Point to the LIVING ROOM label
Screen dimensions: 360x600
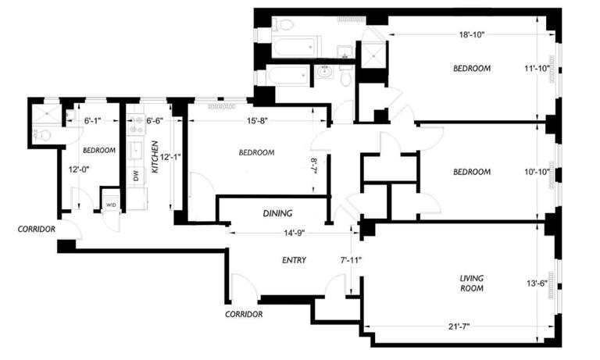[x=472, y=283]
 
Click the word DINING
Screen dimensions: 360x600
[x=277, y=212]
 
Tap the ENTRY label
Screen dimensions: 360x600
[x=294, y=261]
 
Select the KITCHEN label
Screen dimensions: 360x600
[x=155, y=157]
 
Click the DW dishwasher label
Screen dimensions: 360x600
[x=136, y=176]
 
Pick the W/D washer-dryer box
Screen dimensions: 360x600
[x=111, y=205]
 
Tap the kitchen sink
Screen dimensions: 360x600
[x=135, y=150]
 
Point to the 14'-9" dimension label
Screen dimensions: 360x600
[x=288, y=232]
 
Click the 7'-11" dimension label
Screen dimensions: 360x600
[x=351, y=259]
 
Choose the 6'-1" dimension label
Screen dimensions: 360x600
[x=91, y=120]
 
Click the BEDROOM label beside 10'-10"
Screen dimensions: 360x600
[x=472, y=172]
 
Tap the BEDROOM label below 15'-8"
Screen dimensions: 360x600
[x=256, y=152]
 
